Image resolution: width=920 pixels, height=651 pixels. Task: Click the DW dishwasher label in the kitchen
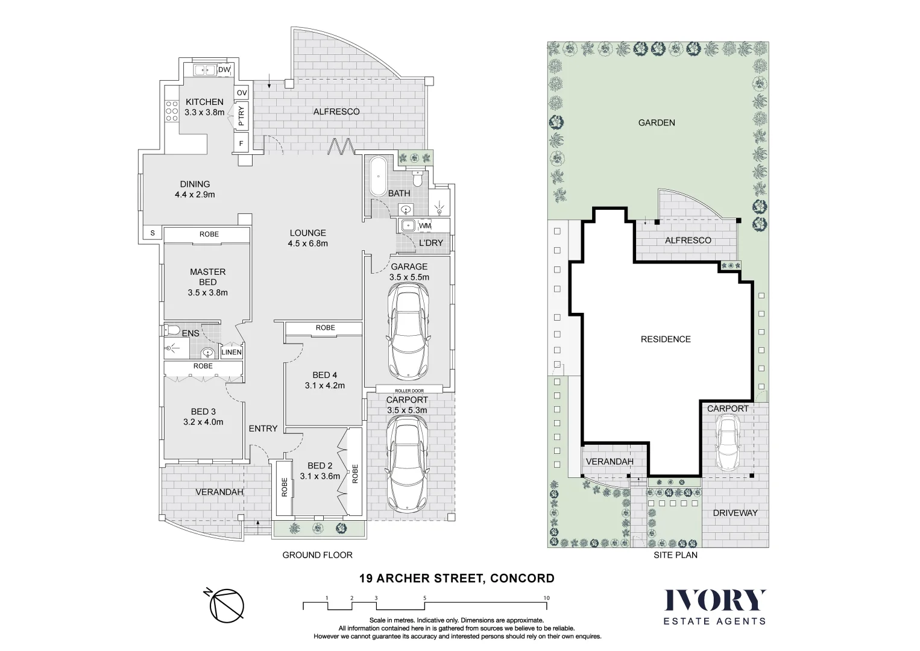pyautogui.click(x=224, y=70)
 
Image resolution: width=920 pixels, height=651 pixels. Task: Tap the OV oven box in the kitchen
pyautogui.click(x=242, y=92)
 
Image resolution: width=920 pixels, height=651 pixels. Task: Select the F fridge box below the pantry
pyautogui.click(x=242, y=143)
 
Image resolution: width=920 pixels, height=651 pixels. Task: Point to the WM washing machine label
pyautogui.click(x=425, y=225)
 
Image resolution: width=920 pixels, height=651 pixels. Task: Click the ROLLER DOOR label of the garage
pyautogui.click(x=409, y=391)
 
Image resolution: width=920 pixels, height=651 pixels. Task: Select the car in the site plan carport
pyautogui.click(x=728, y=442)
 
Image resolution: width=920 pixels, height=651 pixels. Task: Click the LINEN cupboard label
pyautogui.click(x=232, y=352)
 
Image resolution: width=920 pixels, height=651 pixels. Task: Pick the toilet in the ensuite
pyautogui.click(x=172, y=330)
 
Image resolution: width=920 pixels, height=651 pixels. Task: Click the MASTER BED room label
pyautogui.click(x=207, y=277)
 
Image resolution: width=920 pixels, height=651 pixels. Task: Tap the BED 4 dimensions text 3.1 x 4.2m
pyautogui.click(x=324, y=386)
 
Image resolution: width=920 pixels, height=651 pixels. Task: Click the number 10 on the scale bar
pyautogui.click(x=546, y=598)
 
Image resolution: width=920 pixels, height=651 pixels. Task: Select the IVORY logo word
pyautogui.click(x=715, y=600)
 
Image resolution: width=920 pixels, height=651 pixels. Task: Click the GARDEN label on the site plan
pyautogui.click(x=657, y=122)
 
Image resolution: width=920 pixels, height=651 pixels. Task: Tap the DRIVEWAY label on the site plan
pyautogui.click(x=735, y=513)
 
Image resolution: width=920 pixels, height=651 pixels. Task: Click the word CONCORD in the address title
pyautogui.click(x=522, y=579)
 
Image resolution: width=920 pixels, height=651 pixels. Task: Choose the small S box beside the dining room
pyautogui.click(x=153, y=233)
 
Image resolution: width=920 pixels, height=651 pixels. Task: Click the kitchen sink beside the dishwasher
pyautogui.click(x=205, y=71)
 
